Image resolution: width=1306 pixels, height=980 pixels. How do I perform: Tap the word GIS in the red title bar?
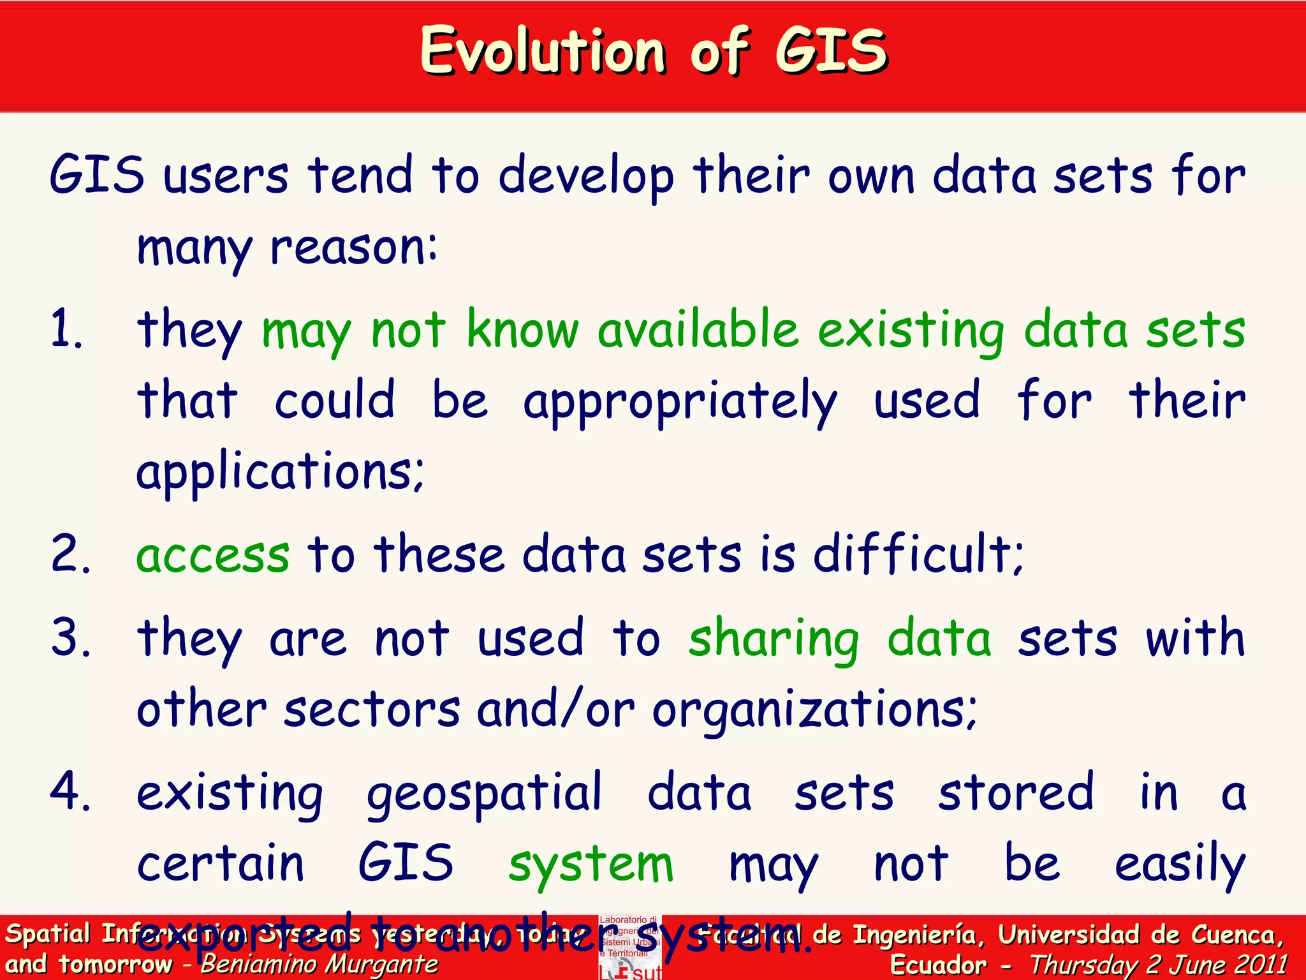coord(831,51)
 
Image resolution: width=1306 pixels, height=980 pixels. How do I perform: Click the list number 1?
coord(66,329)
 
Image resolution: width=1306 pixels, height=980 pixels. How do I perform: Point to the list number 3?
coord(70,637)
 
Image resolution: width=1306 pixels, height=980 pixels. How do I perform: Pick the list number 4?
coord(70,792)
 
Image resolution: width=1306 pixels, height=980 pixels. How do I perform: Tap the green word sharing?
coord(774,639)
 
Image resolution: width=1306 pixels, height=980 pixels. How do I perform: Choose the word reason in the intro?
coord(353,248)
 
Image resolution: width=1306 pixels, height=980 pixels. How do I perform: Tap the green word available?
coord(698,329)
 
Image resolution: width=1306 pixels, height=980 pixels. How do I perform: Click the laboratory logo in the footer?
coord(630,947)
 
